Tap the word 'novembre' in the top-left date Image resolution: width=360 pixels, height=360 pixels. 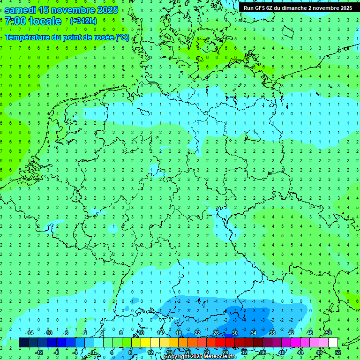pos(73,10)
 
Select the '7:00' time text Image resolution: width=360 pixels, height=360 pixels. pos(15,21)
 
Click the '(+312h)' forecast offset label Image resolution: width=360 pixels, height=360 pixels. pos(83,21)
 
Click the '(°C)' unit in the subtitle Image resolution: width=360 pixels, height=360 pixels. pos(122,37)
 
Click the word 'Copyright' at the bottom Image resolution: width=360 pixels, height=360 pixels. pos(177,357)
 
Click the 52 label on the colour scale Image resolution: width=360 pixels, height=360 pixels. pos(338,352)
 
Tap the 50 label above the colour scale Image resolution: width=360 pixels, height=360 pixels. pos(328,332)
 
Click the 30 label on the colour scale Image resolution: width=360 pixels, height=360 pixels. pos(234,332)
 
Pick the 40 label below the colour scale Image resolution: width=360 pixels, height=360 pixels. pos(281,352)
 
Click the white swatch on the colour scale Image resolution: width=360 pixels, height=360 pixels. pos(333,343)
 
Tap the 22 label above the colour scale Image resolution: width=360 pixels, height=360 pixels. pos(197,332)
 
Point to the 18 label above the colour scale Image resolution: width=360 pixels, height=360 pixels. pos(178,332)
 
